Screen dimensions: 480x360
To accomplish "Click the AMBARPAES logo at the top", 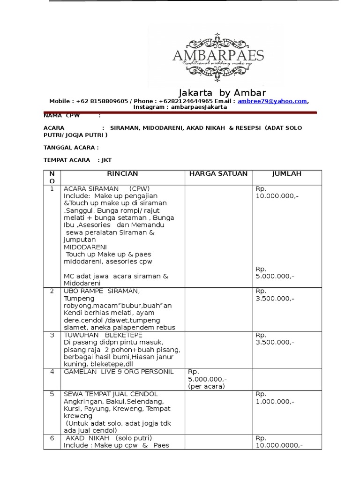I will point(218,55).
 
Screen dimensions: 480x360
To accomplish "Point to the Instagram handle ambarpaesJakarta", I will point(200,107).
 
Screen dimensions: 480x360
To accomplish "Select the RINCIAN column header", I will point(123,174).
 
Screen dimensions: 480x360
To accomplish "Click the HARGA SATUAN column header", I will point(218,174).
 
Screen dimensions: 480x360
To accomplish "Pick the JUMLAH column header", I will point(287,174).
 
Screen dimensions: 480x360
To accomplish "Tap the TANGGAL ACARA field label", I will point(71,147).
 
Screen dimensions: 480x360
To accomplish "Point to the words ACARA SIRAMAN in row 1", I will point(91,188).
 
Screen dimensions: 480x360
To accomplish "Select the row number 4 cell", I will point(52,372).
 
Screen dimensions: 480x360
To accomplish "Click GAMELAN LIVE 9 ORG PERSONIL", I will point(112,372).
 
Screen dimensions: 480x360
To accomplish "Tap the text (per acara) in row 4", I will point(206,386).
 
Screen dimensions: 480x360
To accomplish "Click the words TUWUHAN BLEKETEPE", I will point(99,335).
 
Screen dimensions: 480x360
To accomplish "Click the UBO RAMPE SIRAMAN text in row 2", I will point(102,291).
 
